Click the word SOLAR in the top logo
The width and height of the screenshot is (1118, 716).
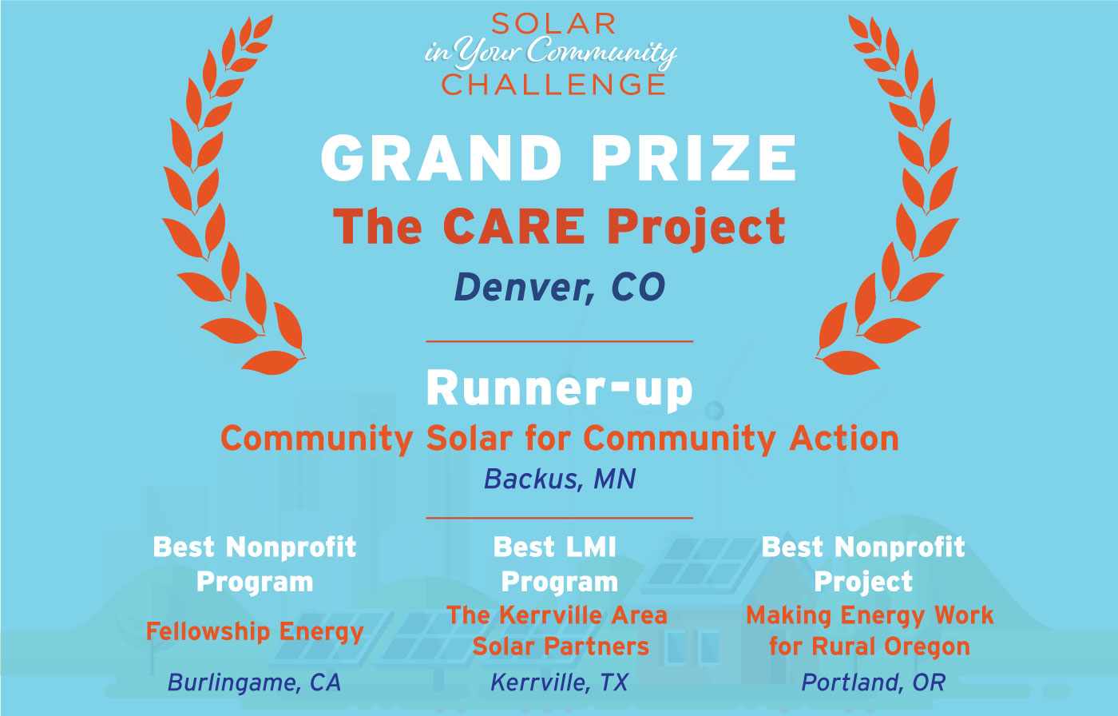[553, 24]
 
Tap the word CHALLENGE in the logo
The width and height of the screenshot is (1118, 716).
[553, 85]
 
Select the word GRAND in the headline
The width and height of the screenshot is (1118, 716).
[441, 158]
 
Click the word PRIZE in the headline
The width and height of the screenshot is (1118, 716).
[694, 158]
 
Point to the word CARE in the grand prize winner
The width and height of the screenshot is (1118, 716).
[514, 226]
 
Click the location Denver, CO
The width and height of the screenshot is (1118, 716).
[560, 287]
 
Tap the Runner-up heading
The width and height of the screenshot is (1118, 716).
[560, 389]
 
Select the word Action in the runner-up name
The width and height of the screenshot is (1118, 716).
[844, 439]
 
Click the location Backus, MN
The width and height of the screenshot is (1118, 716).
[560, 479]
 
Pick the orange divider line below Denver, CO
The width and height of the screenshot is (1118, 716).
[560, 341]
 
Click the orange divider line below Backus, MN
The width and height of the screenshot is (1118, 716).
[560, 518]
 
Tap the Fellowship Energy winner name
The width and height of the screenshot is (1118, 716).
[255, 632]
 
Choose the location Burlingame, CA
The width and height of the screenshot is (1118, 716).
[254, 682]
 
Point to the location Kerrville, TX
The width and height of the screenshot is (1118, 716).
[559, 682]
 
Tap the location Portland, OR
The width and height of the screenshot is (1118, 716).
[873, 682]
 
